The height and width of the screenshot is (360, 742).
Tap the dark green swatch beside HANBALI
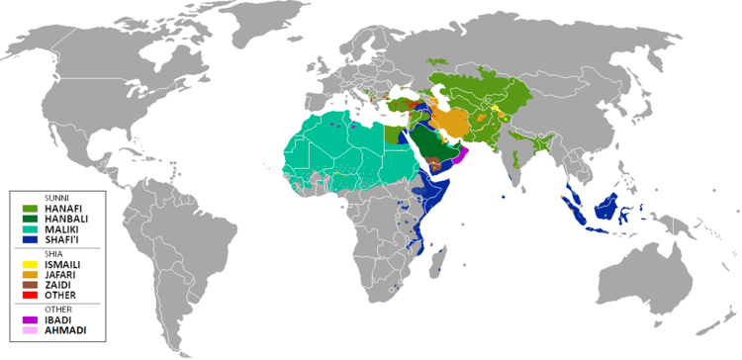(29, 219)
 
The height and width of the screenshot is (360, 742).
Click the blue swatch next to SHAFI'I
(29, 239)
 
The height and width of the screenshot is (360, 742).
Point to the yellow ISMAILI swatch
(29, 263)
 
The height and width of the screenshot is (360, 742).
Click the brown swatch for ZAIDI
(29, 284)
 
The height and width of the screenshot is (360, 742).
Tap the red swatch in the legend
(29, 295)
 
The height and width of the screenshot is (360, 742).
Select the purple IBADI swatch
(29, 319)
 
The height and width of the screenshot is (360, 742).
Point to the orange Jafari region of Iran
(451, 124)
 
